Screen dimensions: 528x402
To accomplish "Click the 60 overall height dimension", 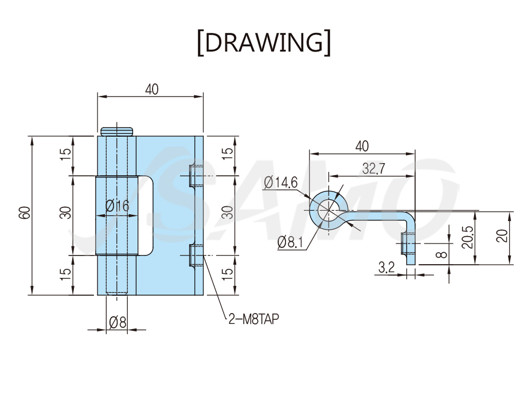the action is tap(25, 213).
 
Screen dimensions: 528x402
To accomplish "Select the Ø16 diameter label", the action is tap(117, 206).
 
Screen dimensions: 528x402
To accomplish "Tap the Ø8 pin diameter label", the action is tap(118, 323).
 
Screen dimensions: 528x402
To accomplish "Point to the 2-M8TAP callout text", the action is tap(254, 319).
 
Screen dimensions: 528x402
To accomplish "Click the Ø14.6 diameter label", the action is tap(281, 183).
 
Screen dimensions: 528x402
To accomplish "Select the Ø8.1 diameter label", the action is tap(290, 242).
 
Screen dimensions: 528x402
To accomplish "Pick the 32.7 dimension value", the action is tap(373, 168).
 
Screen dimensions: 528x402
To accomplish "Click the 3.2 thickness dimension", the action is tap(386, 268).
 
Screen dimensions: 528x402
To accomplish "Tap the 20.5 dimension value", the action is tap(468, 237).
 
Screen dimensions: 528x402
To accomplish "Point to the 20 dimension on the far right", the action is tap(502, 235).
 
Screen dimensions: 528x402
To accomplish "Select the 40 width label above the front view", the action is tap(151, 90).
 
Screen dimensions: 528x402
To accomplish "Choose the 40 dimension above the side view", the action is tap(362, 146).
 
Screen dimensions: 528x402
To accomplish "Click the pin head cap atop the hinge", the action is tap(117, 132).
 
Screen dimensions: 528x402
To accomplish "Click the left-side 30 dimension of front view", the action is tap(66, 213).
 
